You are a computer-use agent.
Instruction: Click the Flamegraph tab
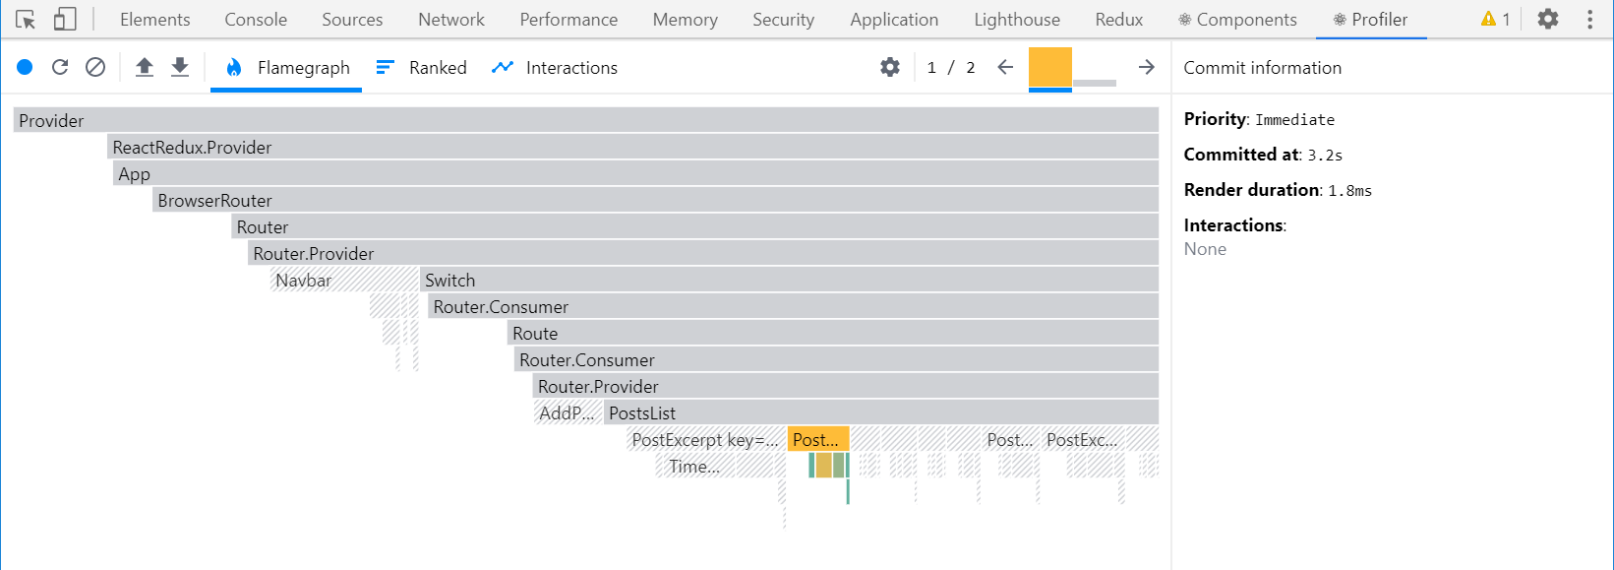point(287,68)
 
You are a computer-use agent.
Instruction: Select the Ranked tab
point(422,68)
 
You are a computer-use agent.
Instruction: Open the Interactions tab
point(555,68)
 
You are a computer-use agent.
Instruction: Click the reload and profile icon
point(60,67)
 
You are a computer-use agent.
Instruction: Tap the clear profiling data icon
point(95,67)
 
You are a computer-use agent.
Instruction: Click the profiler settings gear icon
point(890,67)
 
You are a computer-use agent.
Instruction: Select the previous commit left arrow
point(1005,67)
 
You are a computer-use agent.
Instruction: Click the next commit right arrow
point(1146,67)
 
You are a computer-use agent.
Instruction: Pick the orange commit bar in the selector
point(1049,68)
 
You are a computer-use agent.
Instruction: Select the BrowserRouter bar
point(655,201)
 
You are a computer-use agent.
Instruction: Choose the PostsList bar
point(880,413)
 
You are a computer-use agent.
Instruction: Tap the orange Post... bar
point(817,440)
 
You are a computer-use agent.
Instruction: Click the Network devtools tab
point(451,20)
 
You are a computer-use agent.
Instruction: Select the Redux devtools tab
point(1119,20)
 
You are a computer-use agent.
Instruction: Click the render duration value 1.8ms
point(1349,191)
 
